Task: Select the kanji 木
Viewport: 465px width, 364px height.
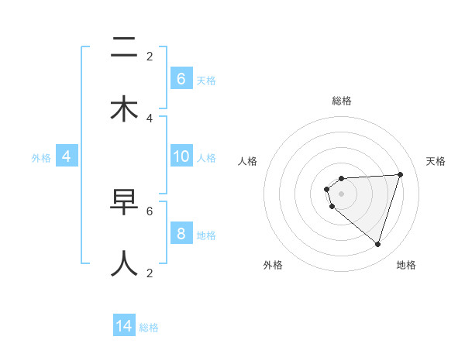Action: click(x=125, y=109)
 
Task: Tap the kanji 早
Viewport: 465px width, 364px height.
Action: click(x=125, y=202)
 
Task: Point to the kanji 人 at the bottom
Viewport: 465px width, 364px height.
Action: click(x=125, y=263)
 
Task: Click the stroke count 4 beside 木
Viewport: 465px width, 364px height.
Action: click(x=150, y=118)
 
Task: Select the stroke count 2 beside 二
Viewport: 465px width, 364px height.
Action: click(x=150, y=57)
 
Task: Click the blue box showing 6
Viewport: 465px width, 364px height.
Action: click(x=181, y=79)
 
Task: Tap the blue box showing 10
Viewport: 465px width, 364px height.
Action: click(x=181, y=156)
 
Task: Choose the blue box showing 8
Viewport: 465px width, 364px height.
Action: click(x=181, y=234)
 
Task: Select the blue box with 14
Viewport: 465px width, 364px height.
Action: click(x=124, y=326)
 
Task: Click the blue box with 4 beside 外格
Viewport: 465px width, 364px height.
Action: click(x=67, y=156)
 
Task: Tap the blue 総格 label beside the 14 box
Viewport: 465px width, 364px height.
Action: click(x=149, y=328)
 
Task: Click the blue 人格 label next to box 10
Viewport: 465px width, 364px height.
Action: click(x=206, y=158)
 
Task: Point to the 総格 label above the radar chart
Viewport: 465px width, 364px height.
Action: click(x=341, y=101)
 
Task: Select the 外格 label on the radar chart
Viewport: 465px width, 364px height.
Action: click(x=273, y=265)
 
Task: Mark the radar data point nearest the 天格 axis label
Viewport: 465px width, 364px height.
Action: click(x=401, y=174)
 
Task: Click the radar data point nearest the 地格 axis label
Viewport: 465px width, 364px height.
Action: click(x=377, y=244)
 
